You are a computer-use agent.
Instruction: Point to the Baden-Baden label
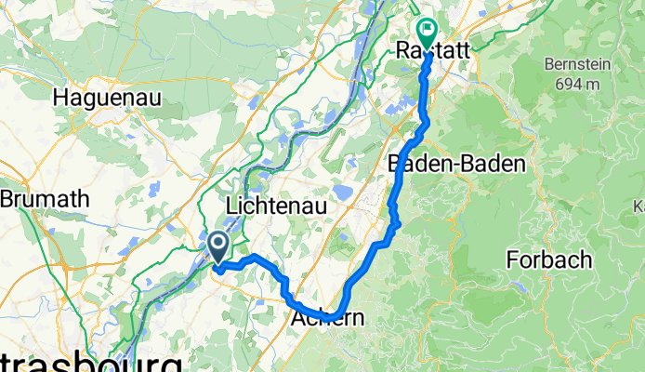[457, 164]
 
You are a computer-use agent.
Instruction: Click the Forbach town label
[548, 259]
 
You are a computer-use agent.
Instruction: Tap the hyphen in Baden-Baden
[456, 164]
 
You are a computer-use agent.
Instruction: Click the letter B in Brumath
[7, 198]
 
